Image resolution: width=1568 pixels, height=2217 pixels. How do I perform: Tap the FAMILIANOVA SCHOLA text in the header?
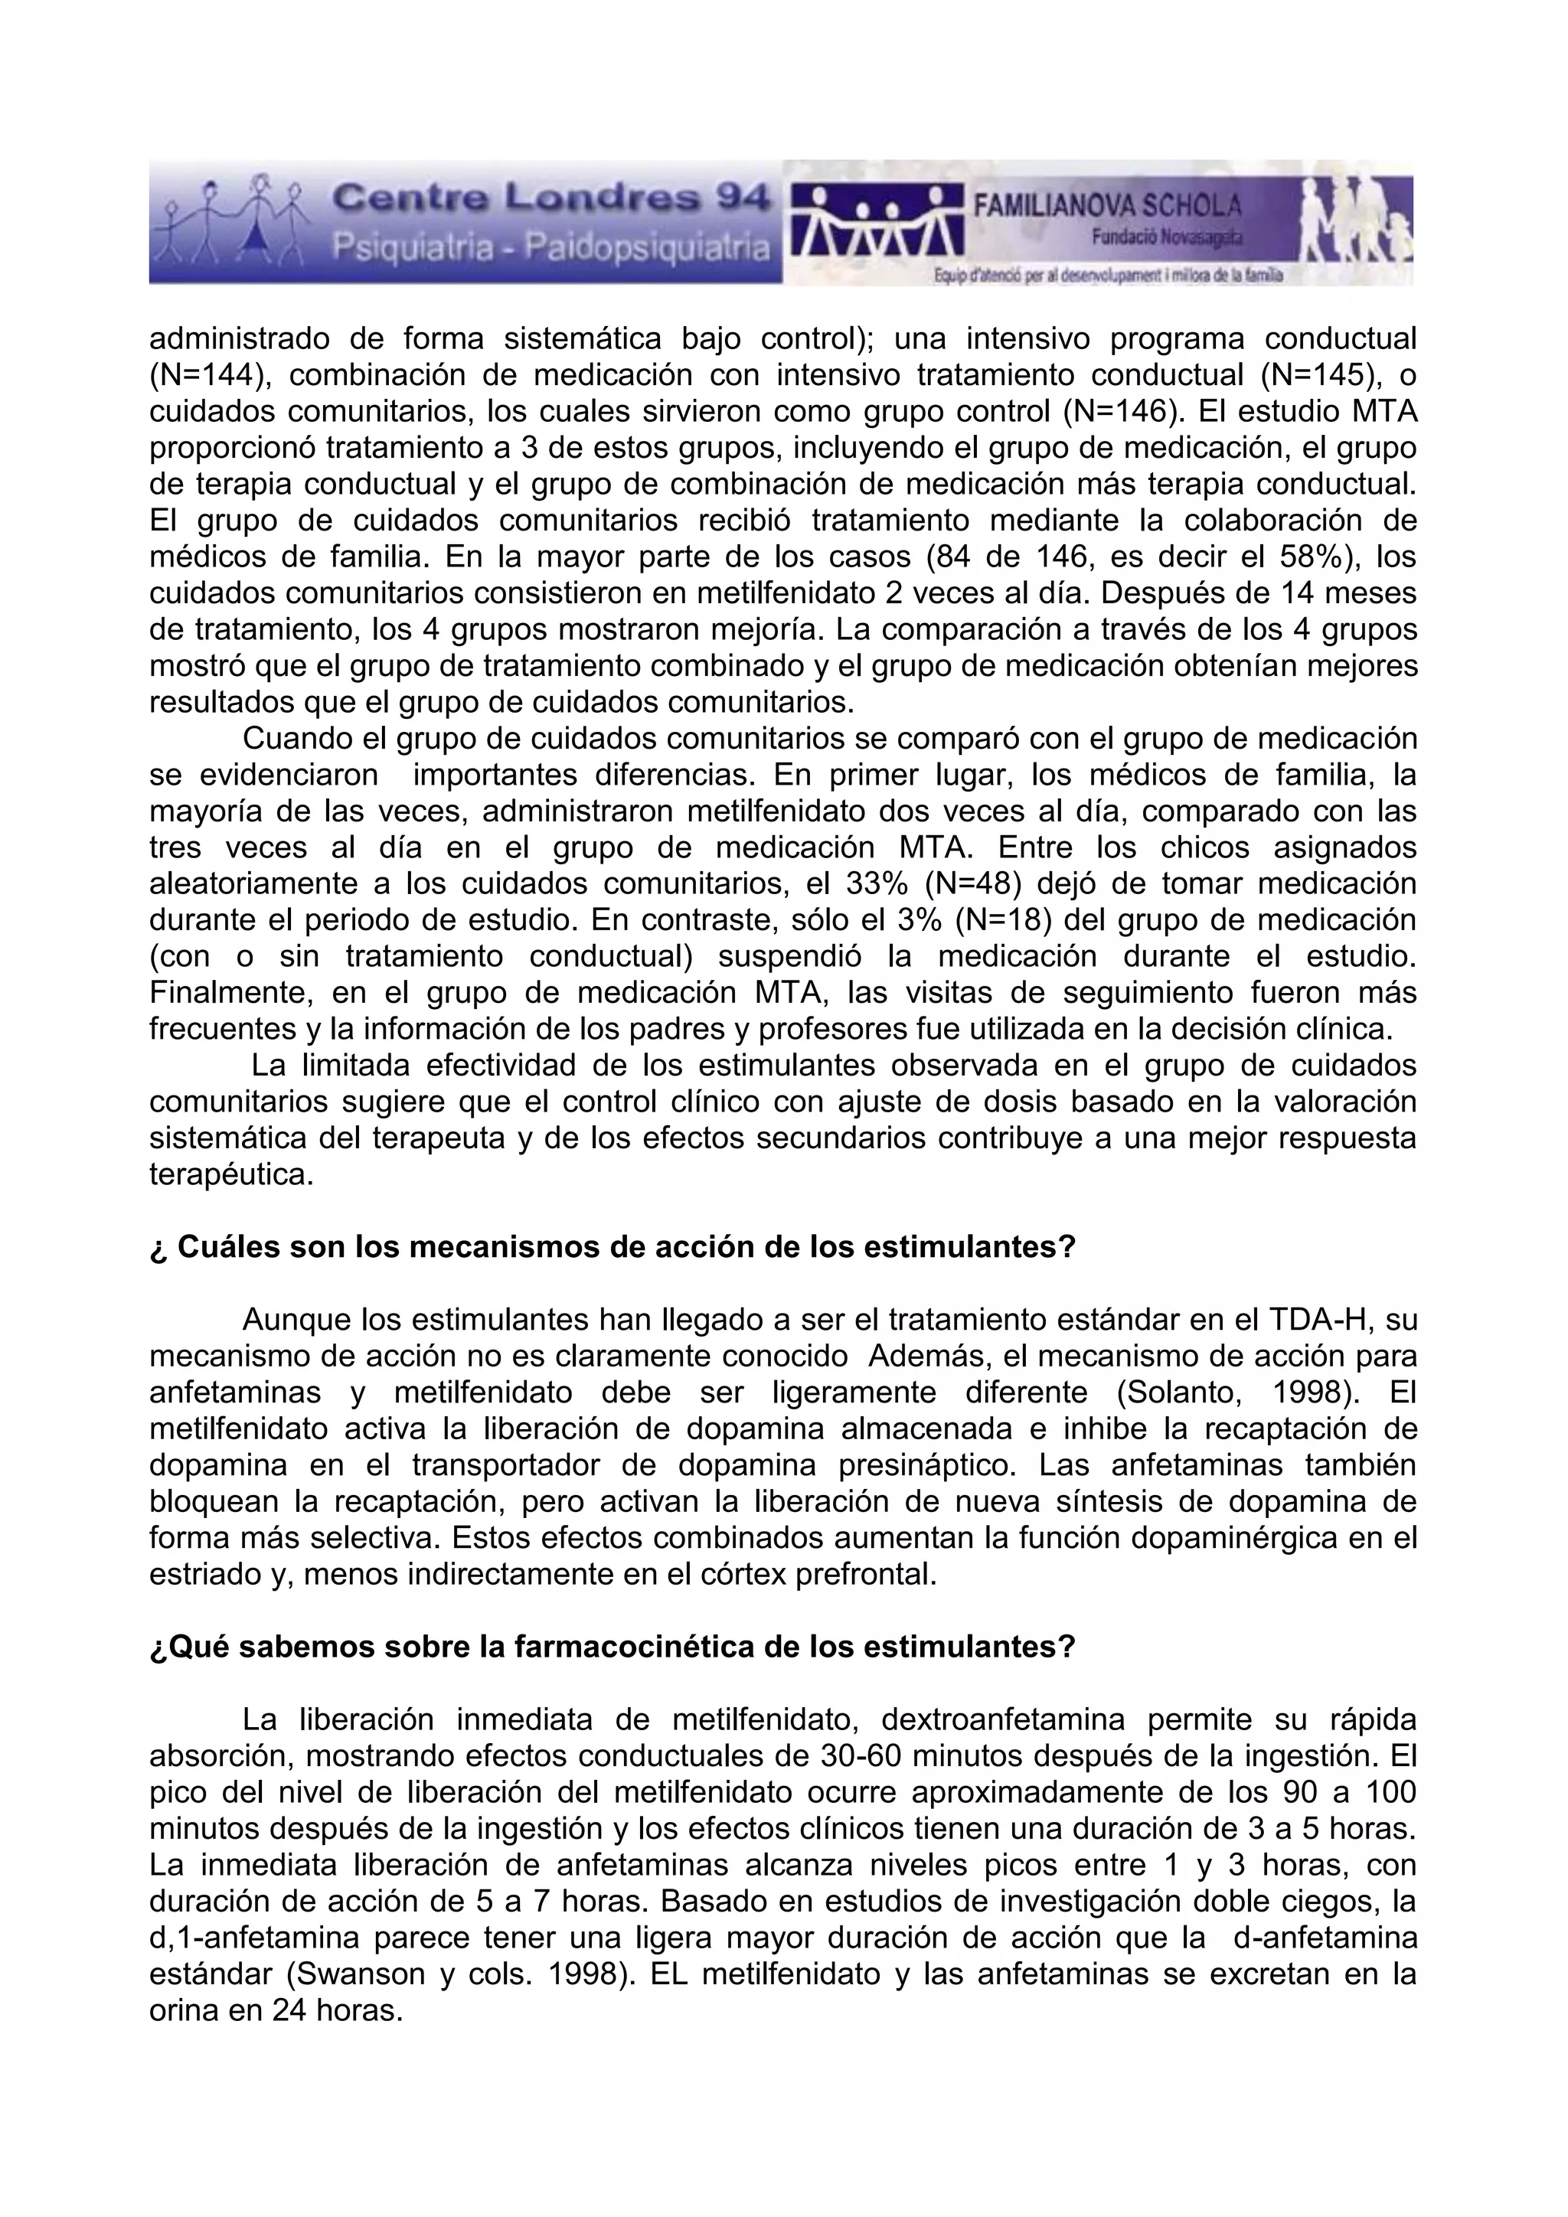pyautogui.click(x=1107, y=204)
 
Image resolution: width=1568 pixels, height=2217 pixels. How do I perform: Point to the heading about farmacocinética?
pyautogui.click(x=612, y=1647)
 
